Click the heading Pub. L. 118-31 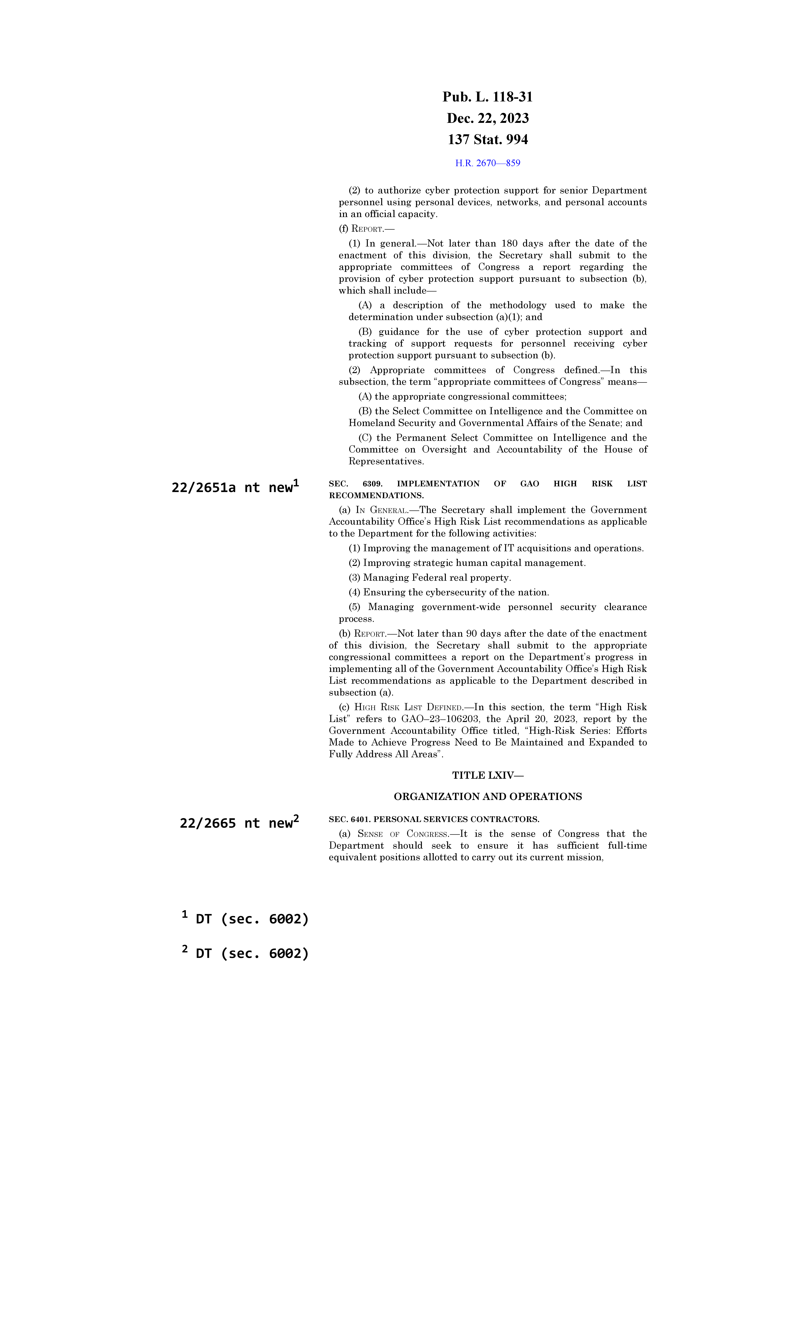pos(487,97)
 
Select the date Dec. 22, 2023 pos(487,118)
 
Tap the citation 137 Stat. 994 pos(487,140)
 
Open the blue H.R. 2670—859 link pos(487,163)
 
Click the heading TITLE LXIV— pos(487,775)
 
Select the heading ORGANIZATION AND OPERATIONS pos(487,797)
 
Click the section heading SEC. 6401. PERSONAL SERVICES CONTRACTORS pos(434,819)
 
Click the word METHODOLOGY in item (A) pos(518,306)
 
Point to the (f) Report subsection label pos(367,229)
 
